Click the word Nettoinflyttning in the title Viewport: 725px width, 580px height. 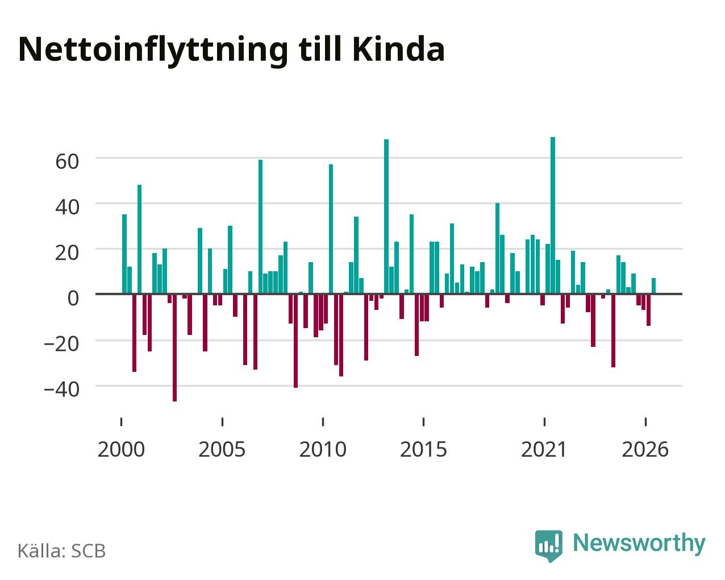click(x=153, y=51)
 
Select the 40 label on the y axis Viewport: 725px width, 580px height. click(x=67, y=207)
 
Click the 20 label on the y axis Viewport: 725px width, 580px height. click(x=67, y=252)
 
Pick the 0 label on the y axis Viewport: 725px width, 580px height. click(x=73, y=298)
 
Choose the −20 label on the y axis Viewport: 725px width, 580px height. click(x=62, y=344)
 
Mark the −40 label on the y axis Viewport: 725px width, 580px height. click(x=62, y=390)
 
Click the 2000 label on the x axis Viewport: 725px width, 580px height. click(x=121, y=449)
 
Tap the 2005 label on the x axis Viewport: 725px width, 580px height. click(x=222, y=449)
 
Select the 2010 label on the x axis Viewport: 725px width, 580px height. click(x=323, y=449)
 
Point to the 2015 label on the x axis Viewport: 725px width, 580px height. click(x=423, y=449)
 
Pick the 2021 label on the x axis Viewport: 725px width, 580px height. click(x=544, y=449)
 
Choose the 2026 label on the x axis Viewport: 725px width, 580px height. click(x=645, y=449)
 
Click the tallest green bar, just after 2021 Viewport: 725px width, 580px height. click(x=553, y=216)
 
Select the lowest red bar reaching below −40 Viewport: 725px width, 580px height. click(x=174, y=347)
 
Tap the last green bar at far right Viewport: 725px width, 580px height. click(x=653, y=286)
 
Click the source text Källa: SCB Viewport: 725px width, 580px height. click(x=62, y=551)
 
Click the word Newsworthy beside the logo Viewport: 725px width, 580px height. click(x=639, y=544)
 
